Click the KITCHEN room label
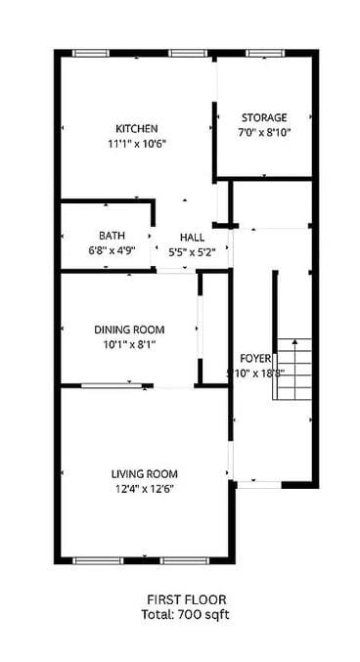pyautogui.click(x=137, y=128)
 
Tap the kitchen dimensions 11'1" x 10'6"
pyautogui.click(x=137, y=143)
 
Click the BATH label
pyautogui.click(x=111, y=235)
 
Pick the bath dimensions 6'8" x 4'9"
pyautogui.click(x=111, y=249)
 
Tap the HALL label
pyautogui.click(x=192, y=238)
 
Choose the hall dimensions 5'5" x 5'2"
pyautogui.click(x=192, y=251)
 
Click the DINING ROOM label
pyautogui.click(x=129, y=330)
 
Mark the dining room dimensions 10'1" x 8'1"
pyautogui.click(x=129, y=344)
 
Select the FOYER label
pyautogui.click(x=255, y=359)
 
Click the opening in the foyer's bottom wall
pyautogui.click(x=257, y=482)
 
